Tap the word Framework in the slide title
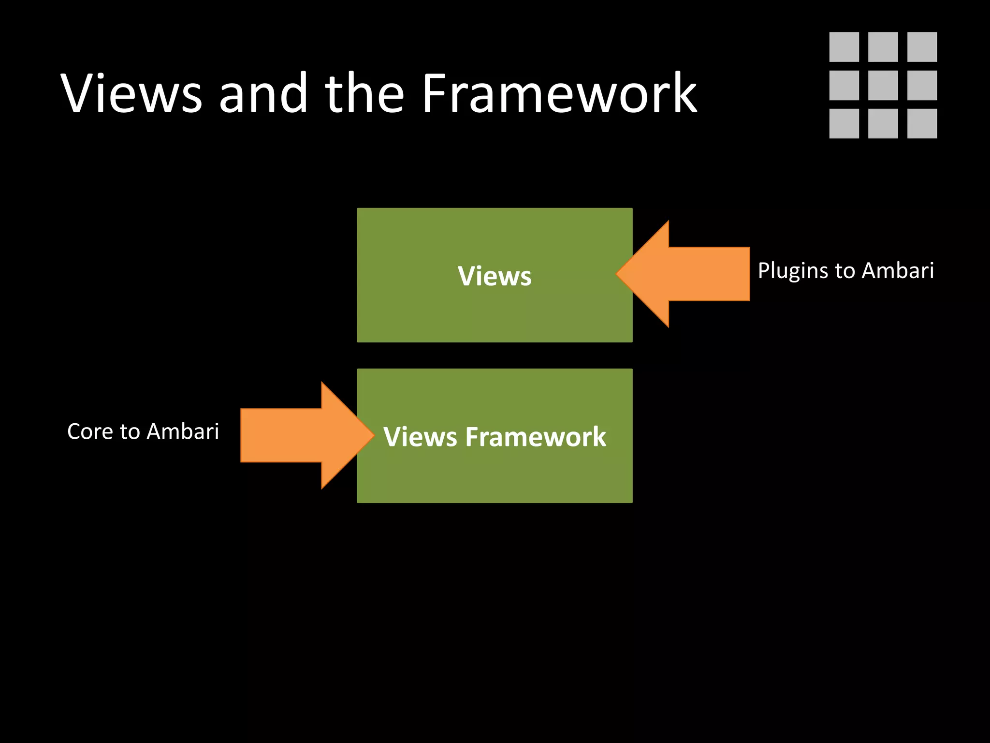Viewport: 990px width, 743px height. pyautogui.click(x=559, y=93)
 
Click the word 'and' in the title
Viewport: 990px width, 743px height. pyautogui.click(x=263, y=93)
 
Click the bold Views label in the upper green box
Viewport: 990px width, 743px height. pyautogui.click(x=495, y=276)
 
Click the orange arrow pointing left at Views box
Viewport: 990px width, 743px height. pyautogui.click(x=696, y=274)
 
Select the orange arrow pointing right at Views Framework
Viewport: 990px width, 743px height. pyautogui.click(x=295, y=435)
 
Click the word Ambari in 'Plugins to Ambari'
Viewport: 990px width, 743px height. pyautogui.click(x=898, y=270)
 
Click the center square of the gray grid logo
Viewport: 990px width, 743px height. pyautogui.click(x=883, y=85)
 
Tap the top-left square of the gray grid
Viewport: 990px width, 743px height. pyautogui.click(x=844, y=47)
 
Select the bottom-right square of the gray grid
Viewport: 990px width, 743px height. pyautogui.click(x=922, y=123)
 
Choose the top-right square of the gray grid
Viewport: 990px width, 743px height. pyautogui.click(x=922, y=47)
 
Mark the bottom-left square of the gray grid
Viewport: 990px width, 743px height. pyautogui.click(x=844, y=123)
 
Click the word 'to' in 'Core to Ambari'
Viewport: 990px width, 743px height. pyautogui.click(x=129, y=431)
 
